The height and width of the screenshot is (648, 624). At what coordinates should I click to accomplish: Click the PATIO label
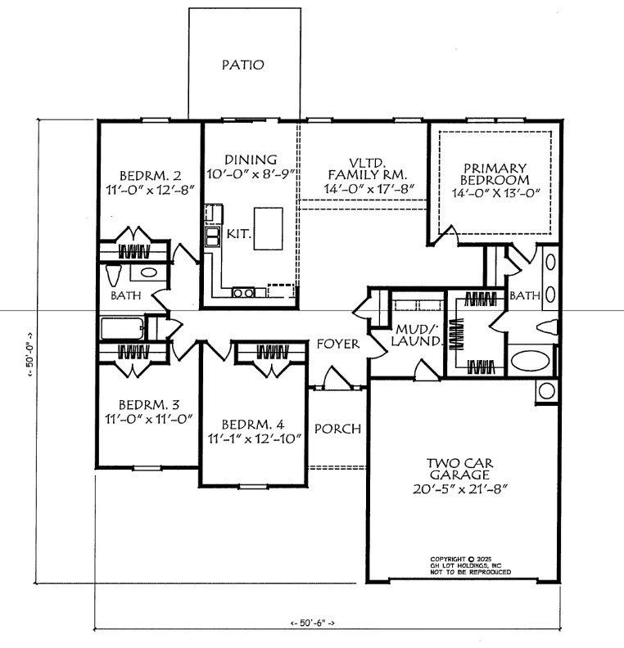[x=242, y=65]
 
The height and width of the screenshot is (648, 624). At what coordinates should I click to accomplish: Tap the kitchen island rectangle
[x=269, y=228]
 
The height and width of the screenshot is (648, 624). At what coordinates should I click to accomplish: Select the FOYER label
[x=338, y=344]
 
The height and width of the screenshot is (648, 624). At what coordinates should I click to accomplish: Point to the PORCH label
[x=337, y=429]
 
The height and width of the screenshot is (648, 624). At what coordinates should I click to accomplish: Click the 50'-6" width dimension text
[x=312, y=623]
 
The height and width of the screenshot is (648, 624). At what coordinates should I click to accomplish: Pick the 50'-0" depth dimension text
[x=30, y=355]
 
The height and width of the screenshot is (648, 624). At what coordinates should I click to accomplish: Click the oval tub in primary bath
[x=530, y=360]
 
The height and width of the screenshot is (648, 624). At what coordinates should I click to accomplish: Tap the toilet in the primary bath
[x=547, y=327]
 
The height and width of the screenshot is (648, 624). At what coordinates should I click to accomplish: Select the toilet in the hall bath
[x=113, y=275]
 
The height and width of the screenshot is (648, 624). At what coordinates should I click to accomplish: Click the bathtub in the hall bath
[x=123, y=329]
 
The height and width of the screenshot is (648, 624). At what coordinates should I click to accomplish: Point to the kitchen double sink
[x=212, y=236]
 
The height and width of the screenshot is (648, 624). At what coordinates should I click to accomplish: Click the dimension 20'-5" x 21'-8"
[x=460, y=489]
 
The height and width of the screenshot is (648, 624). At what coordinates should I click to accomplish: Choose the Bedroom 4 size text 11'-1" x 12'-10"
[x=255, y=439]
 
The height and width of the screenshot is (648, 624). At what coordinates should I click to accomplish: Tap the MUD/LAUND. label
[x=417, y=335]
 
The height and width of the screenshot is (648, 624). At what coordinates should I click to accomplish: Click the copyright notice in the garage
[x=471, y=565]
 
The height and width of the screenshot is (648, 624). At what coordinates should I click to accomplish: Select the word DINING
[x=251, y=160]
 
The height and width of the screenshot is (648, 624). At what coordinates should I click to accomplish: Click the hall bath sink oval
[x=148, y=272]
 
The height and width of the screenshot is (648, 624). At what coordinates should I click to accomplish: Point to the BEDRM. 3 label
[x=149, y=404]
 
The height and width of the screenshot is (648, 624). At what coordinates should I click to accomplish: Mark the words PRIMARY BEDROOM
[x=495, y=174]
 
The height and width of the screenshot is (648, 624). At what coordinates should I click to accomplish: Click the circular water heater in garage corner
[x=547, y=391]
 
